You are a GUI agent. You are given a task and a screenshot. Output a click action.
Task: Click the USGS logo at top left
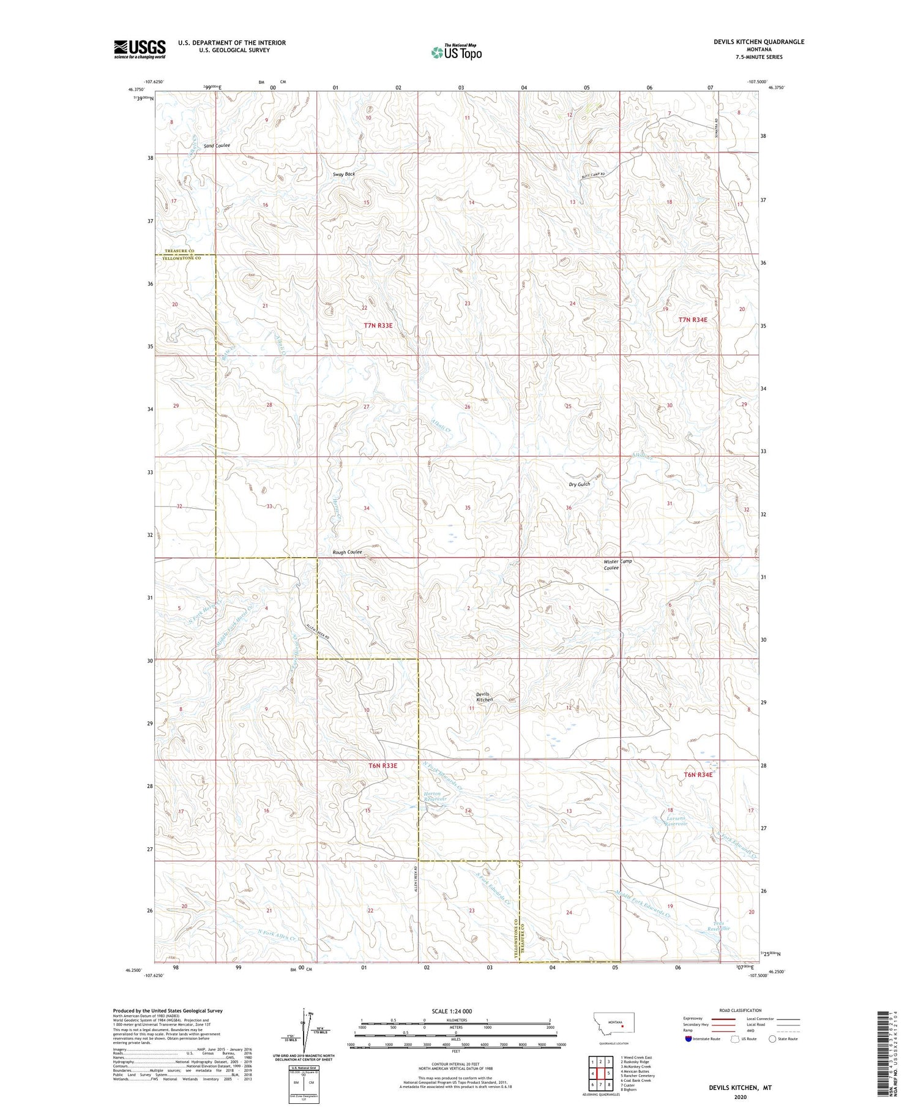coord(140,49)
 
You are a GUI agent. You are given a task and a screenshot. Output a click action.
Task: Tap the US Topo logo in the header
coord(456,52)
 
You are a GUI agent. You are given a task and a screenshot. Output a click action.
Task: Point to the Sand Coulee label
coord(217,146)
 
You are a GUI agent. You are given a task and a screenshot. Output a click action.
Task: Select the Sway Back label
coord(343,174)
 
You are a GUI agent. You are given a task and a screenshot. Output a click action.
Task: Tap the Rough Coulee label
coord(347,552)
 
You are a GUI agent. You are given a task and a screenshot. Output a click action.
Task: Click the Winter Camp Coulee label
coord(618,564)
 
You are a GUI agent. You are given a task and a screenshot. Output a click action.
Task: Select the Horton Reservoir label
coord(433,797)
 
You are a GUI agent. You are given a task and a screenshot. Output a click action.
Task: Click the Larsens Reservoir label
coord(676,820)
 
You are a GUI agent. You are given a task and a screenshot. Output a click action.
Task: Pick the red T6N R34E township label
coord(698,774)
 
